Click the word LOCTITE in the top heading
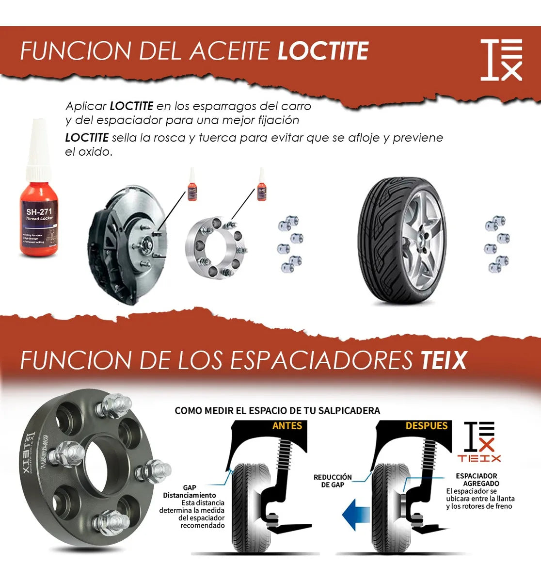(x=323, y=51)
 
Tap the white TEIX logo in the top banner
(x=501, y=60)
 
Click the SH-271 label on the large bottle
(x=39, y=211)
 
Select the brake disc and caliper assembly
(x=127, y=245)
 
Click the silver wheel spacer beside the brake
(x=216, y=248)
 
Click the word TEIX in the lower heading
(x=443, y=360)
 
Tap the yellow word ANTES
(x=287, y=426)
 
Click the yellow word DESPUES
(x=427, y=426)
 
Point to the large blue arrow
(x=356, y=513)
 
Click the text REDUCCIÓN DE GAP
(x=333, y=481)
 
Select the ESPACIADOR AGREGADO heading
(x=477, y=480)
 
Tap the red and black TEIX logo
(x=479, y=441)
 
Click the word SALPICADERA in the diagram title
(x=349, y=411)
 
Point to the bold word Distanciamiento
(x=190, y=495)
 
